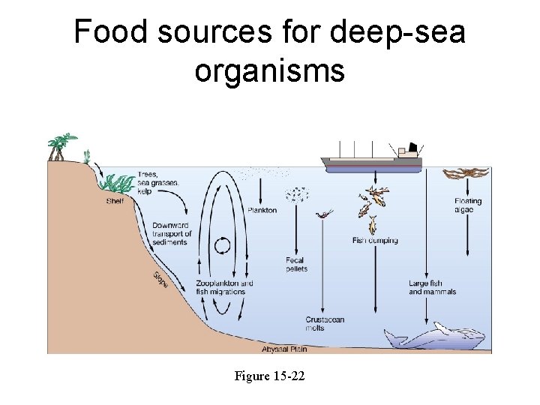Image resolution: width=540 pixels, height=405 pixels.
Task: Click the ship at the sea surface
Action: pyautogui.click(x=371, y=160)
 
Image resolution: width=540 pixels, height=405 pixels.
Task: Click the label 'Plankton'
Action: pyautogui.click(x=262, y=211)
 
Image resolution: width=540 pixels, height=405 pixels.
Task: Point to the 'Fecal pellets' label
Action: pyautogui.click(x=295, y=265)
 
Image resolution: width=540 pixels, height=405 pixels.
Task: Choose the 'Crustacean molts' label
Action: pyautogui.click(x=325, y=324)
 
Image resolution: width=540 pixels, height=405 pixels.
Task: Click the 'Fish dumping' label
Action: pyautogui.click(x=375, y=241)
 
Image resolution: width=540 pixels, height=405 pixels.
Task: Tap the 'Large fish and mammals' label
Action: pyautogui.click(x=426, y=288)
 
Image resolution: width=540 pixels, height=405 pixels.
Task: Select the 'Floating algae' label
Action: pyautogui.click(x=467, y=205)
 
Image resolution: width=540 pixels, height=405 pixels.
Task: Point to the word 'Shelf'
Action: pyautogui.click(x=115, y=200)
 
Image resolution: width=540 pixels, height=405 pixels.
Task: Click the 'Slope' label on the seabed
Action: pyautogui.click(x=160, y=279)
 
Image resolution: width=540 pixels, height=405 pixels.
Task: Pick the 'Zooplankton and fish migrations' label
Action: pyautogui.click(x=224, y=288)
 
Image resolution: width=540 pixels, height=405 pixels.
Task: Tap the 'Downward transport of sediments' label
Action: pyautogui.click(x=172, y=234)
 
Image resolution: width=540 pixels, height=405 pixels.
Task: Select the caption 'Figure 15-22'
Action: pyautogui.click(x=269, y=376)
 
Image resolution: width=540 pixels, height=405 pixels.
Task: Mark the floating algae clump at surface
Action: pyautogui.click(x=465, y=175)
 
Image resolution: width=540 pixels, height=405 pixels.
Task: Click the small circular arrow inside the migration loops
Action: pyautogui.click(x=223, y=245)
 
